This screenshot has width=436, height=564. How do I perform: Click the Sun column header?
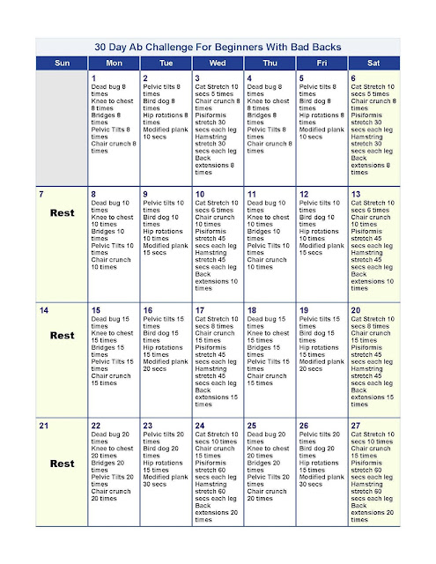pyautogui.click(x=63, y=63)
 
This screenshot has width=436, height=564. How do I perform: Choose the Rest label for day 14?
pyautogui.click(x=63, y=336)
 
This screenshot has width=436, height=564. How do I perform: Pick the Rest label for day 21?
pyautogui.click(x=63, y=463)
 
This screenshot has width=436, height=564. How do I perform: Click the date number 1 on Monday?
pyautogui.click(x=93, y=78)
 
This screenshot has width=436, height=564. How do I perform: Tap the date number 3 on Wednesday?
pyautogui.click(x=197, y=78)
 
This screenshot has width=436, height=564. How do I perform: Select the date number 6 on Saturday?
pyautogui.click(x=353, y=78)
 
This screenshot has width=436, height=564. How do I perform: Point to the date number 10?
pyautogui.click(x=200, y=193)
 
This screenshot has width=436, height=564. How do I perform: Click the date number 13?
pyautogui.click(x=356, y=193)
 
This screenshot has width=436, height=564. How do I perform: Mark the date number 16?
pyautogui.click(x=148, y=309)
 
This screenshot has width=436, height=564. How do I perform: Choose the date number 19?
pyautogui.click(x=304, y=309)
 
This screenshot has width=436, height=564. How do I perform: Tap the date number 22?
pyautogui.click(x=96, y=426)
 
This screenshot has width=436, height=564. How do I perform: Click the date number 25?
pyautogui.click(x=252, y=426)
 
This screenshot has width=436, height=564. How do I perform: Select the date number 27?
pyautogui.click(x=356, y=426)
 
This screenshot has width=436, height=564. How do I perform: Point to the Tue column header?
pyautogui.click(x=166, y=63)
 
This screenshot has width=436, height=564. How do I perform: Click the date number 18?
pyautogui.click(x=252, y=309)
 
